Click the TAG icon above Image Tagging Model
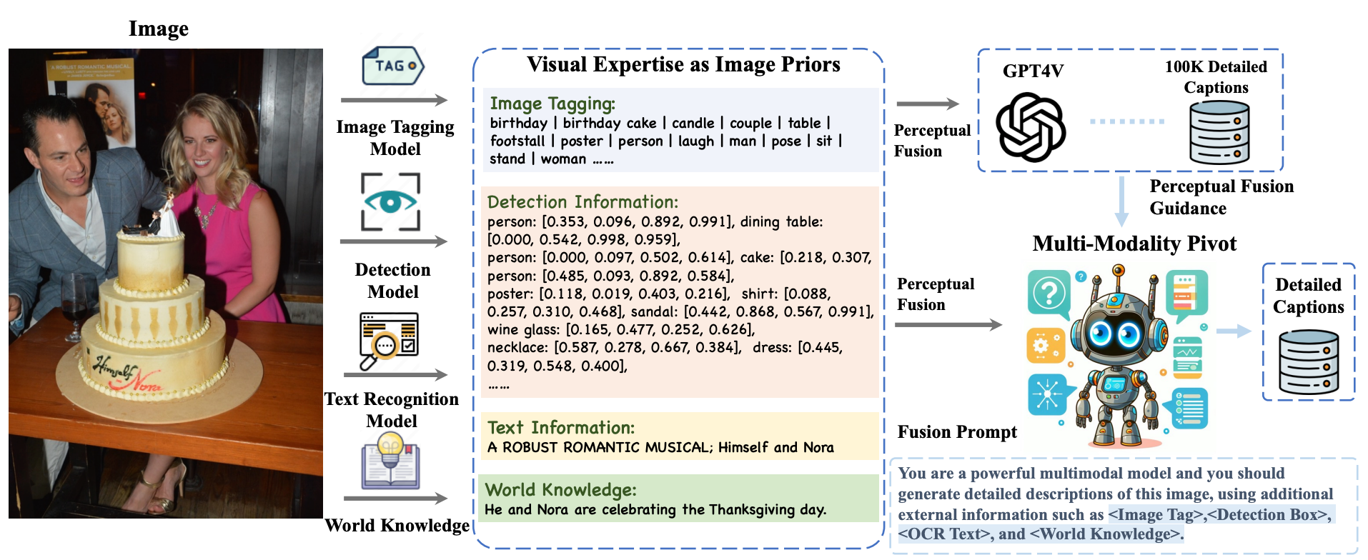(392, 66)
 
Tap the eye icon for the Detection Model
(390, 202)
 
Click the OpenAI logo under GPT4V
(1031, 127)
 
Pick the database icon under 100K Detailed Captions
(1219, 133)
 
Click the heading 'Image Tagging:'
(552, 104)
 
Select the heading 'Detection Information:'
(583, 202)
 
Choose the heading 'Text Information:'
(561, 428)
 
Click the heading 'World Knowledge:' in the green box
(560, 490)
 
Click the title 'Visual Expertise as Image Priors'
(683, 65)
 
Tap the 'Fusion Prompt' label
(957, 432)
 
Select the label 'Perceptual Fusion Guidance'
(1221, 197)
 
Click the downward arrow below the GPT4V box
(1121, 203)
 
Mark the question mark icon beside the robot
(1049, 293)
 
